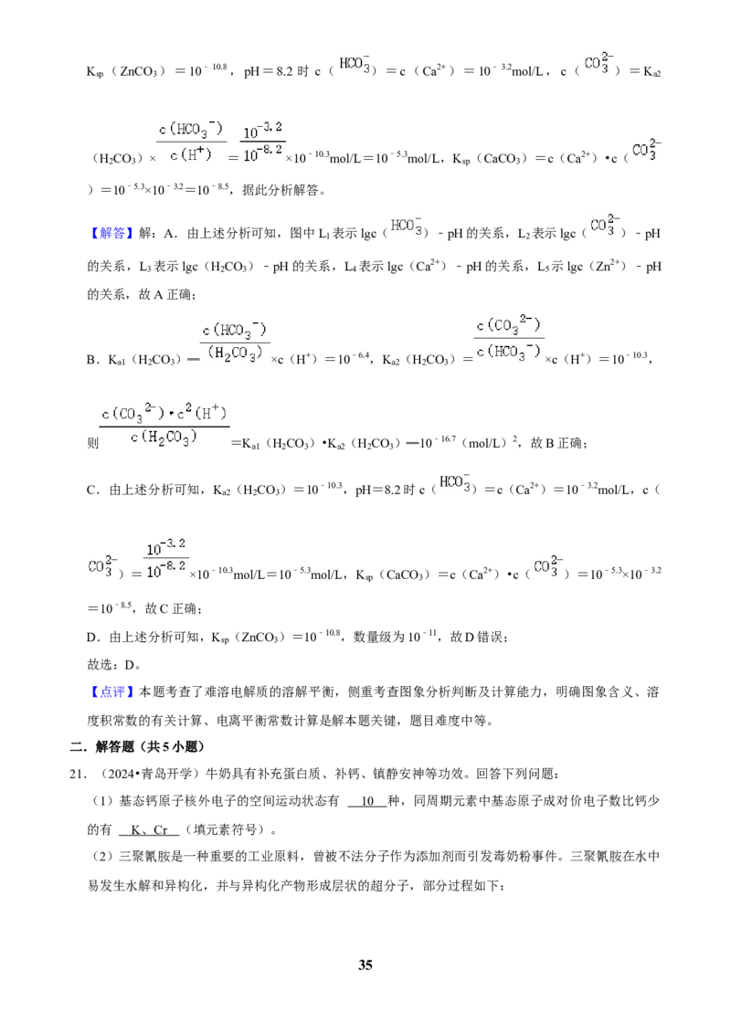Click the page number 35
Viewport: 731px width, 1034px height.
tap(365, 965)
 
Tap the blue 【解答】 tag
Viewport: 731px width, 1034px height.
tap(111, 234)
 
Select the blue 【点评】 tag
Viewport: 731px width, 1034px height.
tap(111, 691)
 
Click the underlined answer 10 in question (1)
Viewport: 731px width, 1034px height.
tap(367, 801)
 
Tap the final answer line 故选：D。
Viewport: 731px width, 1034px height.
tap(114, 665)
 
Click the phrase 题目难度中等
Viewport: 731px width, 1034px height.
tap(449, 720)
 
